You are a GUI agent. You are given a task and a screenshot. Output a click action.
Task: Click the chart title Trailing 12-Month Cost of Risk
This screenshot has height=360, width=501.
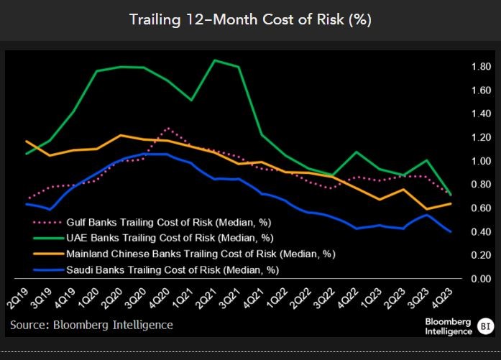(250, 19)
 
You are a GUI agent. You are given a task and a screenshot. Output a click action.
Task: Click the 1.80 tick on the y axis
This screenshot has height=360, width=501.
(461, 67)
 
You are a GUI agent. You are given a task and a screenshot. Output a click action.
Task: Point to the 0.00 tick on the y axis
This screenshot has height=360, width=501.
(461, 279)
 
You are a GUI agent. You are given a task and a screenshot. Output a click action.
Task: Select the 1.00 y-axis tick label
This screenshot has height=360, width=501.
(461, 161)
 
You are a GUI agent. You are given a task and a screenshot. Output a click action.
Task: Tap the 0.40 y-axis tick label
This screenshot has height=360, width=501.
(461, 231)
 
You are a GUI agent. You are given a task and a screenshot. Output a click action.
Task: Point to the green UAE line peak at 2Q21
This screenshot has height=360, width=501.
(215, 60)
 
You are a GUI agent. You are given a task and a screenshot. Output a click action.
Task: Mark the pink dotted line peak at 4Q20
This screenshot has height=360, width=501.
(167, 129)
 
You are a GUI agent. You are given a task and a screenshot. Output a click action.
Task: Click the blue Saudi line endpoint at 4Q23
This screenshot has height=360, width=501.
(451, 231)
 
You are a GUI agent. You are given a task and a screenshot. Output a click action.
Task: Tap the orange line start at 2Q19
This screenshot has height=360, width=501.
(26, 142)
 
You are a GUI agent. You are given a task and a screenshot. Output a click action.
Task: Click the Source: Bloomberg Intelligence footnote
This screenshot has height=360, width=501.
(91, 325)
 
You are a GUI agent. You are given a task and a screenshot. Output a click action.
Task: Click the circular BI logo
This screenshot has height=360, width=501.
(485, 327)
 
